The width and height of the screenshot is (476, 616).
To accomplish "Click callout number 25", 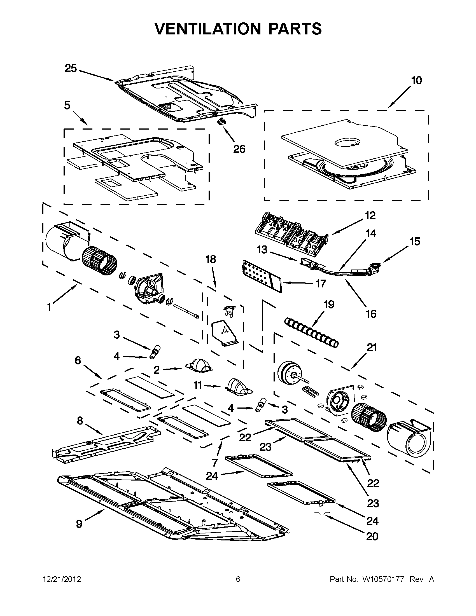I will [71, 69].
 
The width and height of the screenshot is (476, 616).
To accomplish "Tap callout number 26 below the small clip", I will [239, 149].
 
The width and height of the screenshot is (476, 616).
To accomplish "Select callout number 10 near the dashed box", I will [416, 81].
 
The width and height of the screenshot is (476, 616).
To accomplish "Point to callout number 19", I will [329, 305].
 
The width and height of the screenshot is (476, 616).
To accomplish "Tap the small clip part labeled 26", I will [221, 122].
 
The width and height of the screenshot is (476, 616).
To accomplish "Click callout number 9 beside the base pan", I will [79, 524].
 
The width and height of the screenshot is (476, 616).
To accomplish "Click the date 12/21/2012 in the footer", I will [62, 579].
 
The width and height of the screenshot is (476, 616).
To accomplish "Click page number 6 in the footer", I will [238, 579].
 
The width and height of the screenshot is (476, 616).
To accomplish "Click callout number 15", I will [415, 242].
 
